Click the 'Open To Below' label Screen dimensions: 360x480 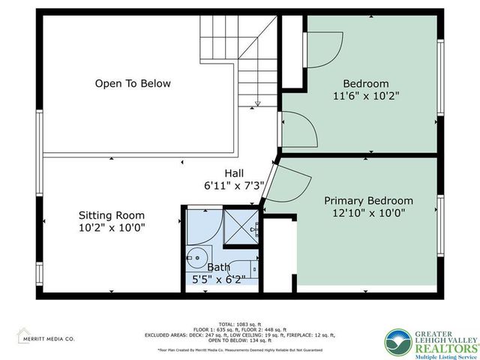pos(133,84)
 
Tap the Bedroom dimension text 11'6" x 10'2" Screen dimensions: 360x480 pos(366,96)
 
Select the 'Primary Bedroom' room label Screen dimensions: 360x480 pos(368,201)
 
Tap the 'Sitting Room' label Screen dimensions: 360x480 pos(112,215)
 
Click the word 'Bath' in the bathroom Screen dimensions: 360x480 pos(219,266)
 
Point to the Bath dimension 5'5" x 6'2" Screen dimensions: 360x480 pos(219,279)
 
